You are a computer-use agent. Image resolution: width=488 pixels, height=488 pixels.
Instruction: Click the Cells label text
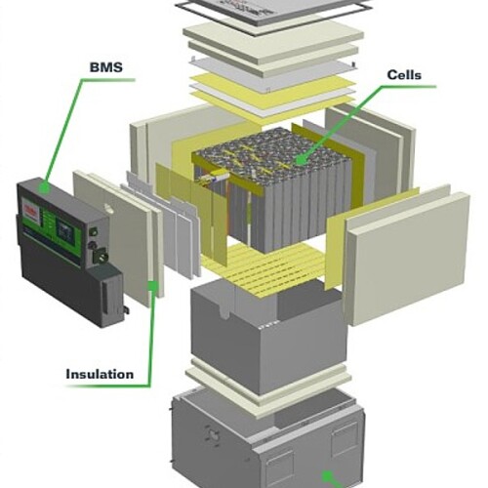pyautogui.click(x=404, y=75)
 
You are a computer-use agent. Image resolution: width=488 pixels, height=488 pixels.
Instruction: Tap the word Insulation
pyautogui.click(x=100, y=374)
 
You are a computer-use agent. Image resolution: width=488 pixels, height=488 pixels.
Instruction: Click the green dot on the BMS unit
pyautogui.click(x=44, y=187)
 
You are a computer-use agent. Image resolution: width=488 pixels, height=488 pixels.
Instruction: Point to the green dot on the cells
pyautogui.click(x=301, y=160)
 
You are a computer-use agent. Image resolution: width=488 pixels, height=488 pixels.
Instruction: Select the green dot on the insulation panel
pyautogui.click(x=153, y=286)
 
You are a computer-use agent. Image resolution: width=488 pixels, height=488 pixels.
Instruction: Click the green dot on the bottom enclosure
pyautogui.click(x=327, y=477)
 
